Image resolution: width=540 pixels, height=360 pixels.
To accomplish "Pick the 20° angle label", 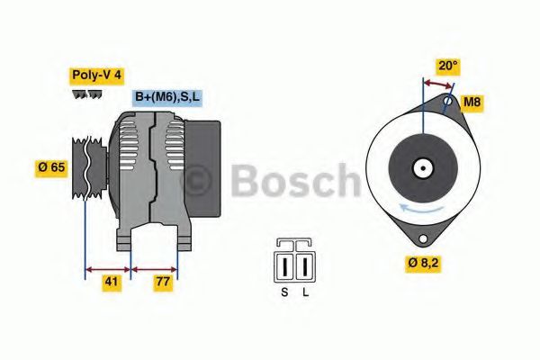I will pos(448,65).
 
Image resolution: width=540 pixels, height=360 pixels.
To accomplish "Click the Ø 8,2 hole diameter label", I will pos(423,264).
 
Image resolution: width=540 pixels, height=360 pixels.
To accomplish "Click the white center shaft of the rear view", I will pos(422,167).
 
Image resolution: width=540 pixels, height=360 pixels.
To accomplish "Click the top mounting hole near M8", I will pos(449,103).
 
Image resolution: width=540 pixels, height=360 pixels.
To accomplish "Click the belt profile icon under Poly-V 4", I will pos(87,94).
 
